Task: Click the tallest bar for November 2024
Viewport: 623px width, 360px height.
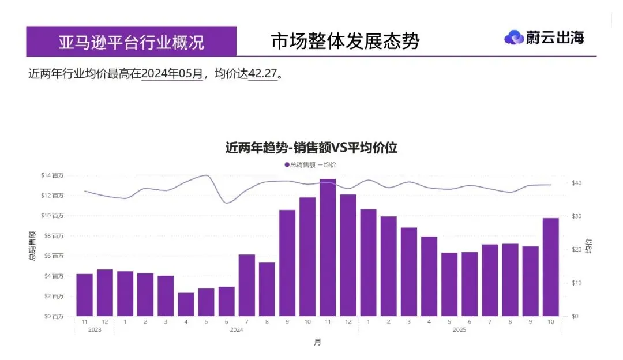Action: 328,248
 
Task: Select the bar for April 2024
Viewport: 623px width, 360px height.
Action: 186,304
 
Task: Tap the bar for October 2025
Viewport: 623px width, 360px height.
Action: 551,267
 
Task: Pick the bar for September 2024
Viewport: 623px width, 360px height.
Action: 287,262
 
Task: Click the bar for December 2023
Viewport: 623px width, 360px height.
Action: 105,292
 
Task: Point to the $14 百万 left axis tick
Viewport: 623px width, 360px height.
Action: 52,175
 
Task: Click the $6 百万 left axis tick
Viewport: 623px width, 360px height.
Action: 53,256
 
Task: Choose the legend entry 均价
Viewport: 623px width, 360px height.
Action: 328,165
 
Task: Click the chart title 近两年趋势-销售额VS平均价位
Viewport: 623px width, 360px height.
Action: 311,148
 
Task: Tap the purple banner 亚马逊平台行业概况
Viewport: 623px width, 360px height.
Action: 131,42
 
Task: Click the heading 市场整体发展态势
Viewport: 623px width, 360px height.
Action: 345,42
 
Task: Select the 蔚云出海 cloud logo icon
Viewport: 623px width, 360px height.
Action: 513,38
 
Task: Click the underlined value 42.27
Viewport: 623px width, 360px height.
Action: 263,74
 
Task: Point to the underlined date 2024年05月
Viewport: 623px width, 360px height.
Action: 171,74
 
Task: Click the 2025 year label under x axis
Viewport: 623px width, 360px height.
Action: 459,330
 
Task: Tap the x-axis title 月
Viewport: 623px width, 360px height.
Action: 317,342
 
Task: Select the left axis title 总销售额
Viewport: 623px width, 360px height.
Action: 33,246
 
